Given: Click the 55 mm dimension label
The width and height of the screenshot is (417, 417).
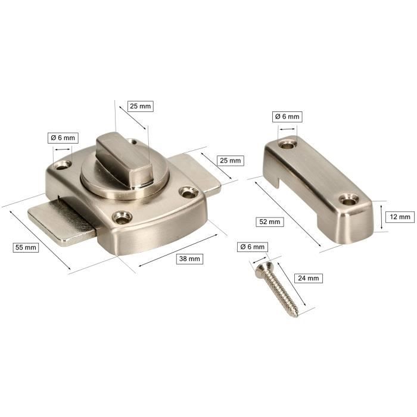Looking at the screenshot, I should (26, 247).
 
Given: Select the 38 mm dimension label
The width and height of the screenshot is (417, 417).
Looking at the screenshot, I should (190, 259).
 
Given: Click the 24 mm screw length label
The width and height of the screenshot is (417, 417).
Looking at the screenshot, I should (309, 278).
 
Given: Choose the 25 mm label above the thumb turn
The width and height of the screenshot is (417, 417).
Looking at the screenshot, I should (141, 107).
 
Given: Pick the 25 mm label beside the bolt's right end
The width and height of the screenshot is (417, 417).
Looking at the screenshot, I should (231, 160).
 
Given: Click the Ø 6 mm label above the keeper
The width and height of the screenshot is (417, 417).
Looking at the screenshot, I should (287, 117).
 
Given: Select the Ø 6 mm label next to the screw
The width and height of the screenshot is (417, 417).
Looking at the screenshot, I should (252, 247).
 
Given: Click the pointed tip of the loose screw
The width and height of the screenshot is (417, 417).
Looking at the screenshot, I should (295, 314).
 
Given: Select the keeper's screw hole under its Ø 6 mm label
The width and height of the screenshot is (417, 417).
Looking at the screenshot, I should (289, 144).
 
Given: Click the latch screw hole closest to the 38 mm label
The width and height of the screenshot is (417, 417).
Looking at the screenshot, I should (123, 219).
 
